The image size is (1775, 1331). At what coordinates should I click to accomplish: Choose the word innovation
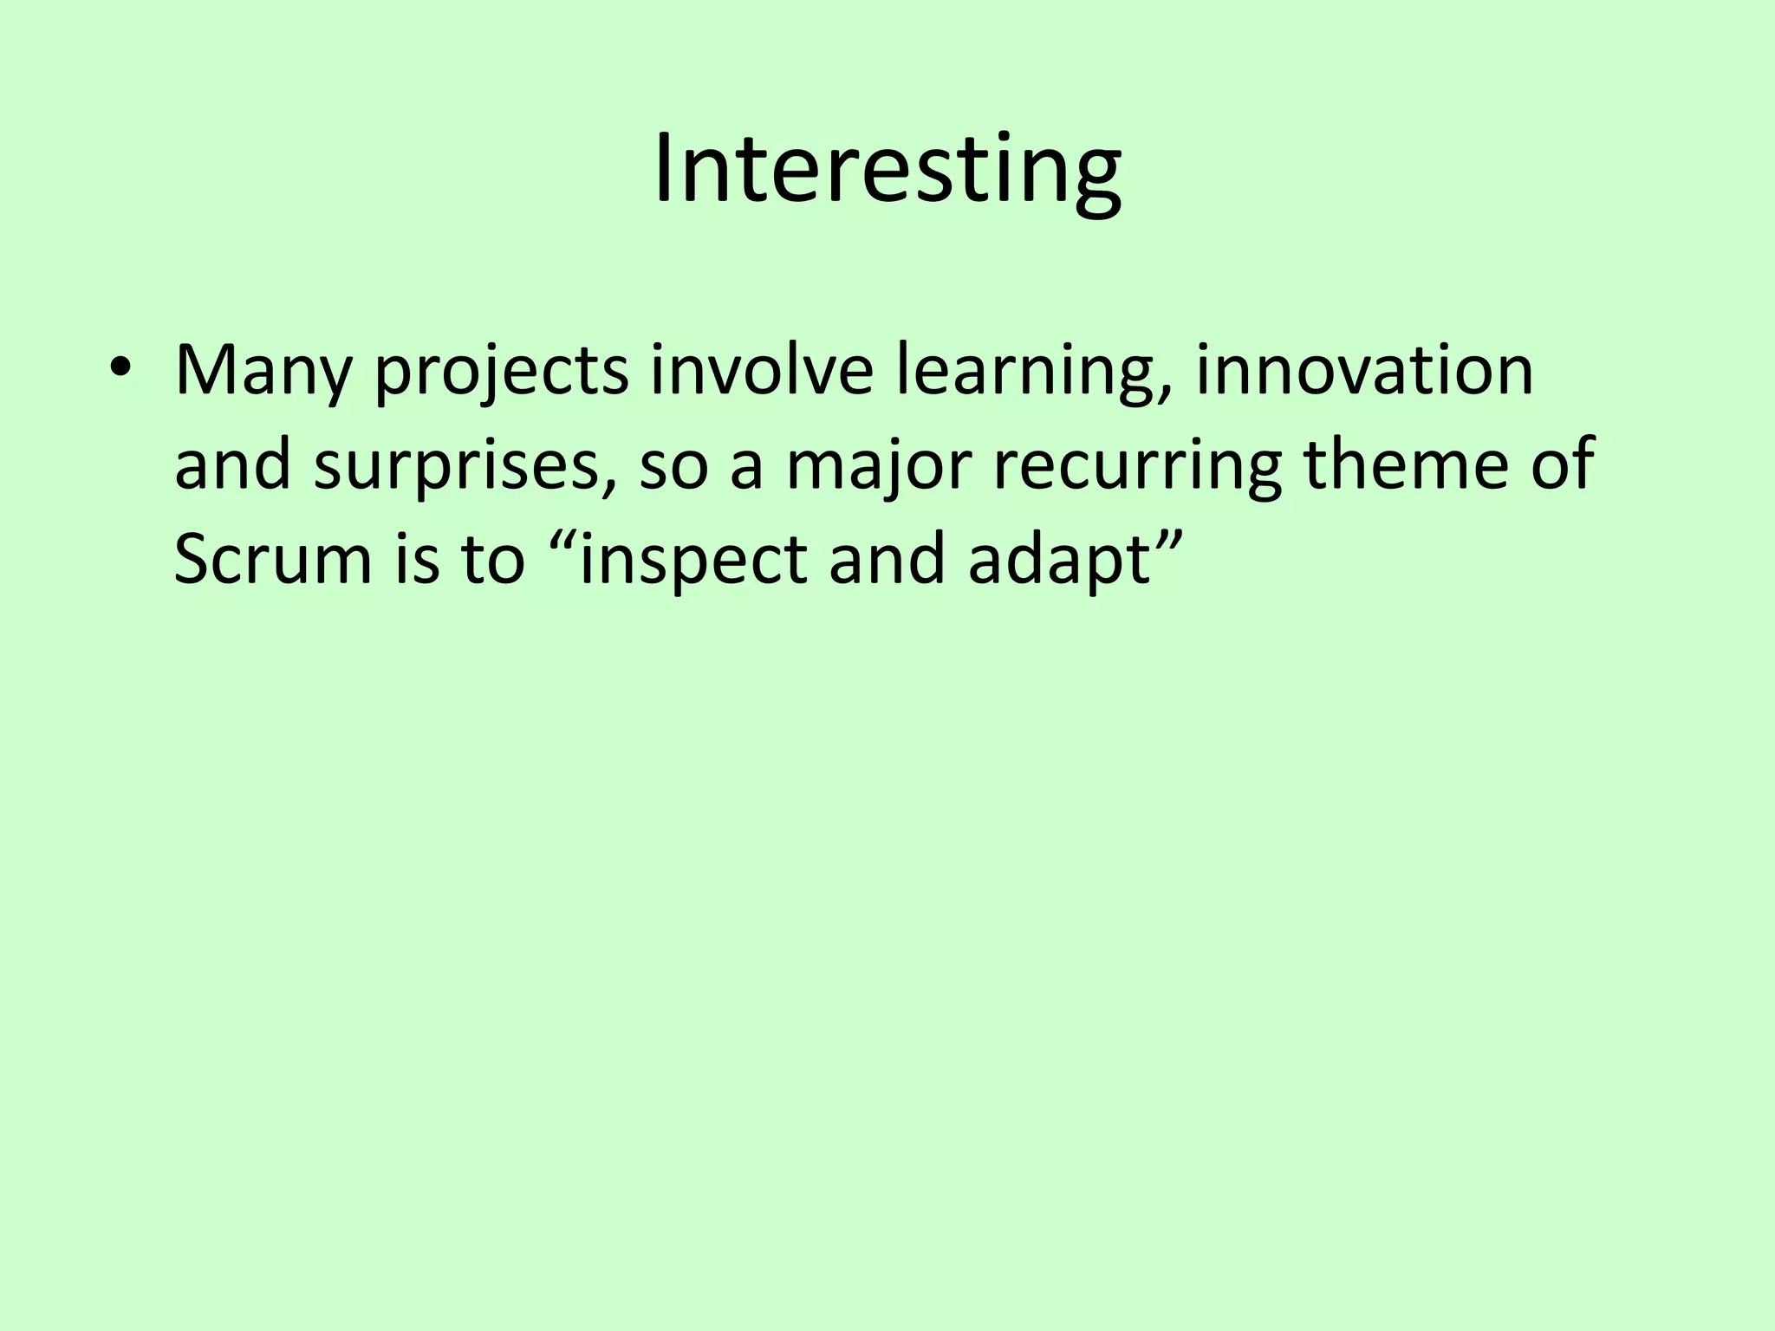click(1364, 370)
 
